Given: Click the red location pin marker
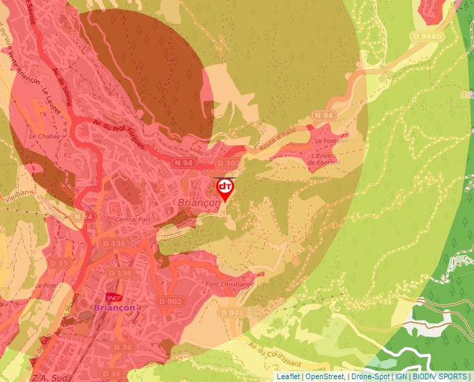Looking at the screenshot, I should pos(225,189).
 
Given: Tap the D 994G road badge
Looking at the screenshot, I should pos(427,36).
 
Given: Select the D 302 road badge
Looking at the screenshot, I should pos(227,163).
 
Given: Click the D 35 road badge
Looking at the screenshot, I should pos(59,263).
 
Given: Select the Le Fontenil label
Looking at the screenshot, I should pos(326,141).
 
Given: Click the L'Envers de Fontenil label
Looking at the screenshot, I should pos(326,159).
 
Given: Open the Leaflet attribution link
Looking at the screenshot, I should pos(289,376).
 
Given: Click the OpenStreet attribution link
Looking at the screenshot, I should pos(325,376).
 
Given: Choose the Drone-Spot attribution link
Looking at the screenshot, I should pos(370,376).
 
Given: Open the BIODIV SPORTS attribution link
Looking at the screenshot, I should pos(441,376).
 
